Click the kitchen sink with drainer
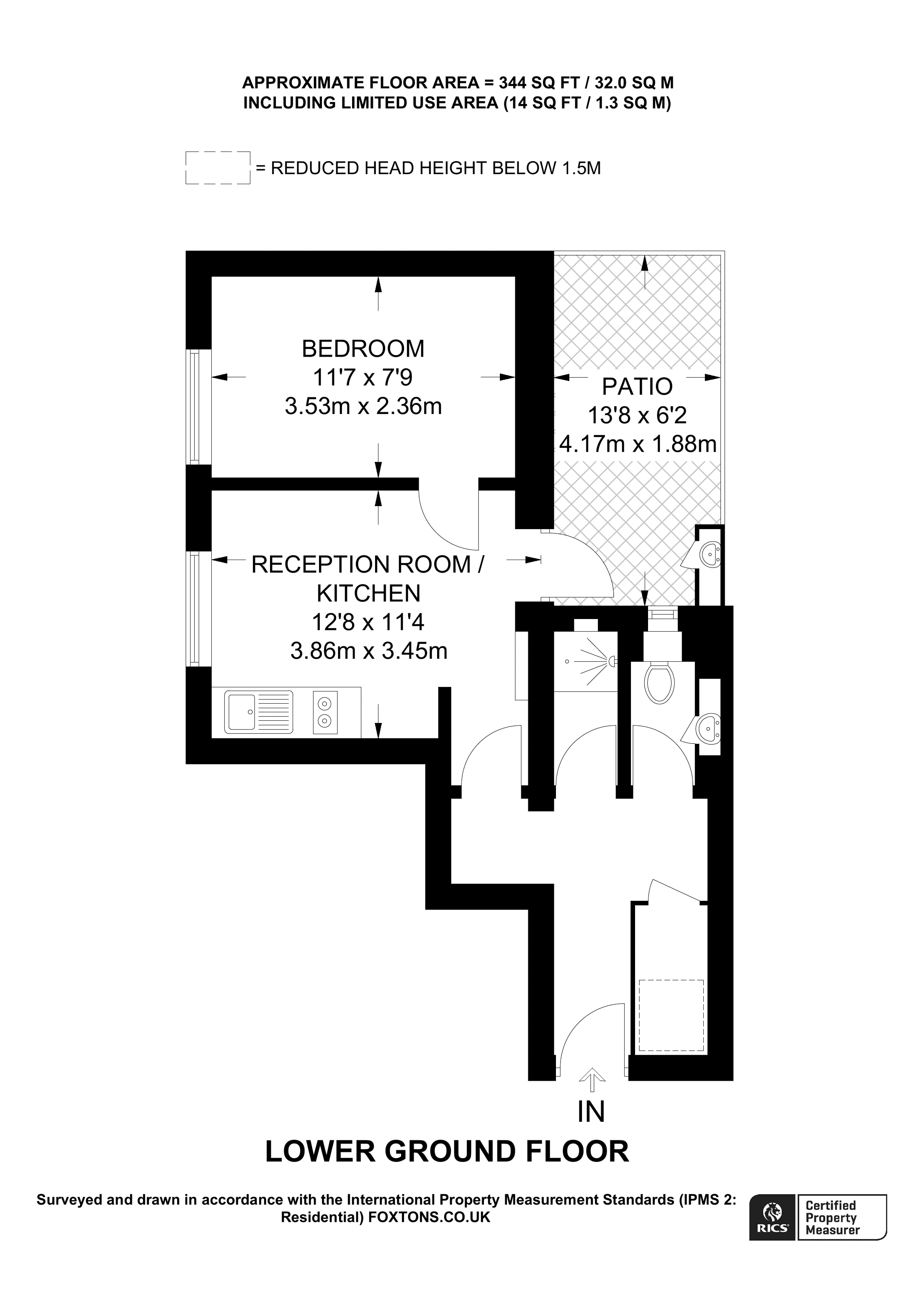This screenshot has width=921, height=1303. (x=258, y=712)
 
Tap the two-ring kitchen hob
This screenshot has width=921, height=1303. (x=324, y=712)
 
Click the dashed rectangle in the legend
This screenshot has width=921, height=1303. (x=218, y=168)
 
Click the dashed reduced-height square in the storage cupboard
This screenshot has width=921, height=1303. (x=671, y=1015)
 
